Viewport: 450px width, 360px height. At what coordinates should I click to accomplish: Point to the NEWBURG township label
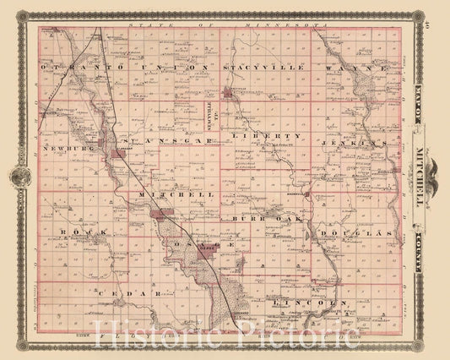click(63, 145)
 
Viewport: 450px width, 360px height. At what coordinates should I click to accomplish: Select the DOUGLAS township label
click(368, 231)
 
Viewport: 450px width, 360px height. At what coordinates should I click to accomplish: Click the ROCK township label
click(73, 231)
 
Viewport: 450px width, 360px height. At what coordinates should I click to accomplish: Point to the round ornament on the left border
click(19, 178)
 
